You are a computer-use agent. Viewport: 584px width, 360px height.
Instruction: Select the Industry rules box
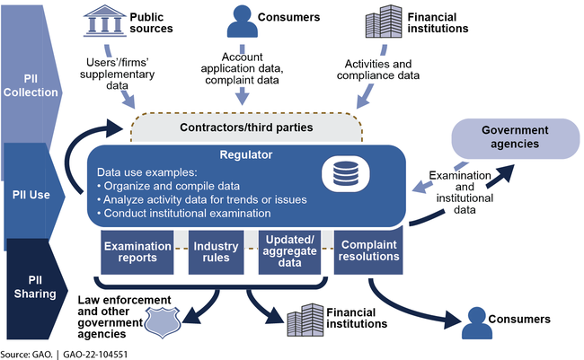pyautogui.click(x=217, y=252)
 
